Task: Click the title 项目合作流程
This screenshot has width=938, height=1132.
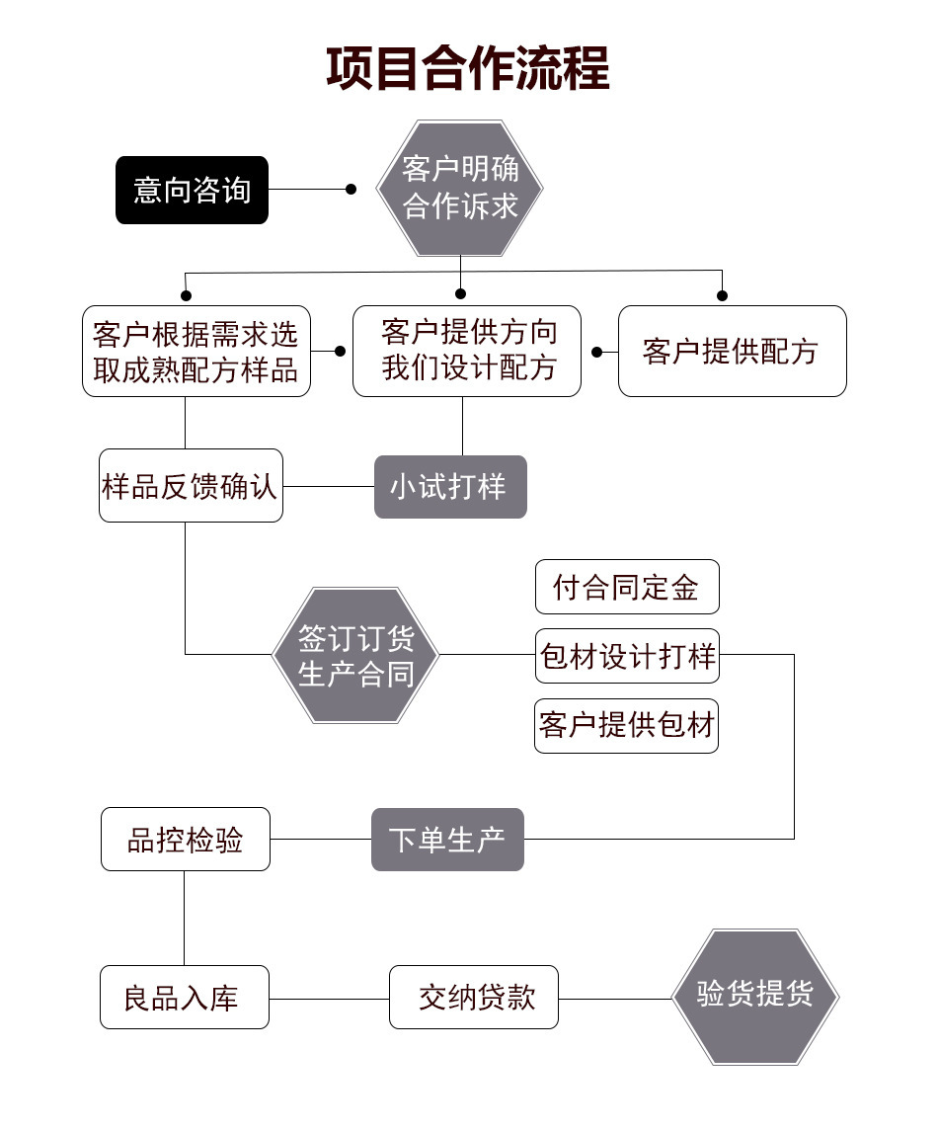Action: click(x=468, y=68)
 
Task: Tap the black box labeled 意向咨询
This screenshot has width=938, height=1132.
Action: click(x=192, y=190)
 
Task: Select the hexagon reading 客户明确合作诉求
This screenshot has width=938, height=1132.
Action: click(x=460, y=189)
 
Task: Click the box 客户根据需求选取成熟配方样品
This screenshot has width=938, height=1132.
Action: click(x=196, y=351)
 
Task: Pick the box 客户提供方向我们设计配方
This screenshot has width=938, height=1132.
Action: click(x=467, y=351)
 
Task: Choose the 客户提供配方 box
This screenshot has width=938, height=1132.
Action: click(x=733, y=351)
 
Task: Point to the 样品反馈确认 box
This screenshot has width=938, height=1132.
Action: click(x=191, y=485)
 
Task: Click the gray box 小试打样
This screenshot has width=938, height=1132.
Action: click(x=450, y=487)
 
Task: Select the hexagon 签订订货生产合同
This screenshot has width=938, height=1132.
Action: click(x=355, y=656)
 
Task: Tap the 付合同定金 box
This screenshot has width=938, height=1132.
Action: click(x=627, y=587)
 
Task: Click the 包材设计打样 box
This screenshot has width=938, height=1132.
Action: click(x=627, y=656)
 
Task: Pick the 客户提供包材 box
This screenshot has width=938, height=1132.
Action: click(x=626, y=726)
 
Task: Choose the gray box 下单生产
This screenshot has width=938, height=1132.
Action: click(x=447, y=840)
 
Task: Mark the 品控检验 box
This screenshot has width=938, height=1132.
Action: click(x=186, y=840)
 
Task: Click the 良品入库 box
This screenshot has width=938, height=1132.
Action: click(x=185, y=997)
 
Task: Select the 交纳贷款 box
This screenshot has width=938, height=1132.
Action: click(x=474, y=997)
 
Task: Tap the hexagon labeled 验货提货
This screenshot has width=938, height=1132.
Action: click(x=755, y=997)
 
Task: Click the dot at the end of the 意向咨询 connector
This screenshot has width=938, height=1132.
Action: click(x=351, y=189)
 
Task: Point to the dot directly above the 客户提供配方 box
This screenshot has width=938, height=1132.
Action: click(x=723, y=295)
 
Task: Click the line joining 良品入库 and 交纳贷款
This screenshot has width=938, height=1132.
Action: click(x=329, y=1000)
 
